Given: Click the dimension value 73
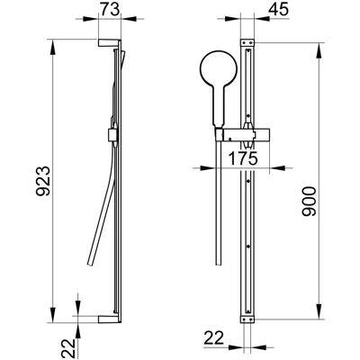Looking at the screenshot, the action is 110,10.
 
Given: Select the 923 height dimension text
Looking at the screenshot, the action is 43,181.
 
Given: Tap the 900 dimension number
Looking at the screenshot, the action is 309,202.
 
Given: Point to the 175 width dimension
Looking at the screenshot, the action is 243,158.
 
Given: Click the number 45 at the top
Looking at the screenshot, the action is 278,9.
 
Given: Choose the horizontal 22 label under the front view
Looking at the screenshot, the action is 214,338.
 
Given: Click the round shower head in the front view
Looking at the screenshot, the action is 219,68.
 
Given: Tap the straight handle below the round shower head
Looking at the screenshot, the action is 219,106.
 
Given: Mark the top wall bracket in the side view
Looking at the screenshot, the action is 109,43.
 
